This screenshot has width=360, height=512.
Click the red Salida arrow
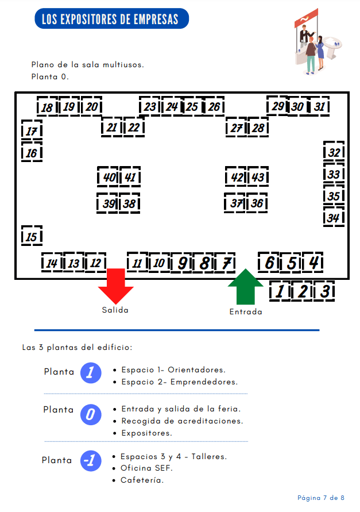click(x=115, y=286)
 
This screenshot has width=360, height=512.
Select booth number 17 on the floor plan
click(x=32, y=131)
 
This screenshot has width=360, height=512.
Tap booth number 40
click(x=109, y=178)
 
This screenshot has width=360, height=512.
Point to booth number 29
click(x=277, y=106)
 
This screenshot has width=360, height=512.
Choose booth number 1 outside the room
click(x=280, y=291)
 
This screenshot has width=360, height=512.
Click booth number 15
click(x=32, y=236)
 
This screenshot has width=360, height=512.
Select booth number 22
click(x=134, y=128)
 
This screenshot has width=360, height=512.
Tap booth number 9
click(x=181, y=263)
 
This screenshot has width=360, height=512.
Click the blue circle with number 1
click(x=90, y=373)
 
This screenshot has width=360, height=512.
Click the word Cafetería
click(x=142, y=480)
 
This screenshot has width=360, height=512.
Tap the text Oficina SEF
click(x=146, y=468)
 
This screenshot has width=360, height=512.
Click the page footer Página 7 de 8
click(x=320, y=497)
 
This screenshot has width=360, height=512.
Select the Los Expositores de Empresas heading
click(x=110, y=19)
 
